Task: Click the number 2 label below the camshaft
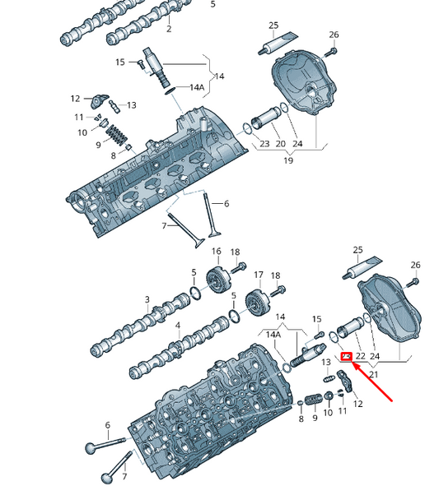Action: click(169, 29)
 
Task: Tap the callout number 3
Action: click(147, 299)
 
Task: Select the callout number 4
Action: click(178, 326)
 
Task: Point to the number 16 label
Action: click(217, 252)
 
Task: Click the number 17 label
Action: click(259, 275)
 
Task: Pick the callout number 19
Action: click(288, 160)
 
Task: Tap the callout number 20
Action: click(280, 144)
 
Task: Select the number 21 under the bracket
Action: click(374, 375)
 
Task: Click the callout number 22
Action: click(361, 356)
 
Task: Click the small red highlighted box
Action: click(347, 357)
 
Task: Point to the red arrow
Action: click(372, 382)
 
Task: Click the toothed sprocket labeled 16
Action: click(217, 280)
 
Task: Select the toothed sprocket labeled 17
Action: click(258, 303)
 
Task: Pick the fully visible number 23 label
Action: click(264, 144)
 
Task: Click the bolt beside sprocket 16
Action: click(239, 267)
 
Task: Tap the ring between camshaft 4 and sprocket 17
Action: click(235, 317)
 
